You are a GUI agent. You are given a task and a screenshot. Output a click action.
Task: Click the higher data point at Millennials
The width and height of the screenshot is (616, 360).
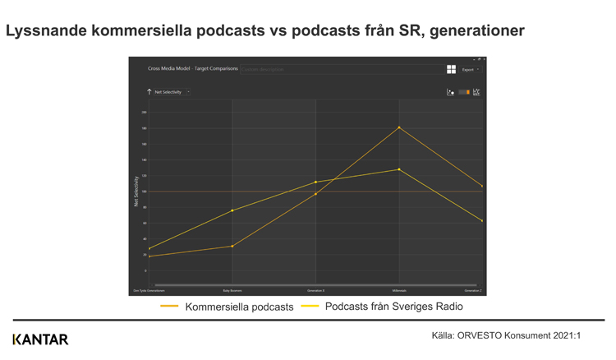tap(399, 127)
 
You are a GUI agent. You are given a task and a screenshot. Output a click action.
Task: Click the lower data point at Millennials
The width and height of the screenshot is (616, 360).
tap(399, 169)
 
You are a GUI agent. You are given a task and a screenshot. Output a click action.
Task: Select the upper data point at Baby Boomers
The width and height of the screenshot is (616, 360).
tap(232, 210)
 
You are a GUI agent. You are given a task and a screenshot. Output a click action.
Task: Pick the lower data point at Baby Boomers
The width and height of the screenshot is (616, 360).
tap(232, 246)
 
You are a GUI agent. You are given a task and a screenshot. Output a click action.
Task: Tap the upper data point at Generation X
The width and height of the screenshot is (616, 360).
tap(316, 182)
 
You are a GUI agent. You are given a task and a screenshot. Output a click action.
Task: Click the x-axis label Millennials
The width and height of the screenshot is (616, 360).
tap(399, 290)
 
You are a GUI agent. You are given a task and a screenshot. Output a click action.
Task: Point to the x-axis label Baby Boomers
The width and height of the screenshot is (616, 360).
tap(232, 290)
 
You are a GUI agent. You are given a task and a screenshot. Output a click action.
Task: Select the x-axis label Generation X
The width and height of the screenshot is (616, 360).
tap(316, 290)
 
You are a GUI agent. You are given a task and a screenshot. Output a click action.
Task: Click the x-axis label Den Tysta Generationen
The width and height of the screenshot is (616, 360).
tap(149, 290)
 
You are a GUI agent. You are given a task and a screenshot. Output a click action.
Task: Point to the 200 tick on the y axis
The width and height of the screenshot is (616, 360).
tap(144, 112)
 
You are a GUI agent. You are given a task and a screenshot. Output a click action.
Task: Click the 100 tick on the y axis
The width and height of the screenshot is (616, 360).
tap(144, 192)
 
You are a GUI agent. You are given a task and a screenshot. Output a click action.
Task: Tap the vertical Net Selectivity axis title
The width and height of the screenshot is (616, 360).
tap(136, 191)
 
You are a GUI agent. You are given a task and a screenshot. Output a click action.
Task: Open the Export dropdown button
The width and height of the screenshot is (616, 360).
tap(470, 70)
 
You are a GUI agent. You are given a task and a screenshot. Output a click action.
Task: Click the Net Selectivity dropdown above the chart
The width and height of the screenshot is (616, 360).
tap(188, 92)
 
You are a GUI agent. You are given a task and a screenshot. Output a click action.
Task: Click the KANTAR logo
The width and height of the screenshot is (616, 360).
tap(40, 339)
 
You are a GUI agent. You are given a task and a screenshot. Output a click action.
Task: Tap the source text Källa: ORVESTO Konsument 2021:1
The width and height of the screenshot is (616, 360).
tap(506, 335)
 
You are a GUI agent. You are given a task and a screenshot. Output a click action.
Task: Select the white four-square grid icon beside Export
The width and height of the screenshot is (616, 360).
tap(451, 70)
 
